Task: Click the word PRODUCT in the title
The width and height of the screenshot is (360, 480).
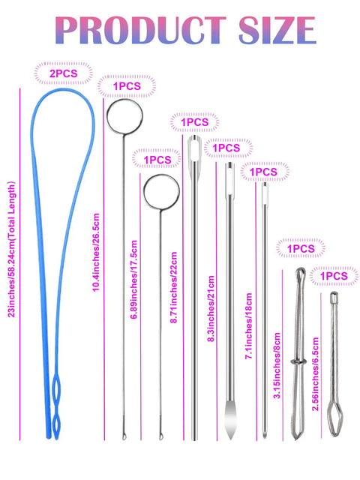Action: (x=141, y=30)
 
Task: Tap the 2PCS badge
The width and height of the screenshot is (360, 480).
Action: (x=63, y=73)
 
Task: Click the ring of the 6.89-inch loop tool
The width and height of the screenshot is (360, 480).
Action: (x=143, y=192)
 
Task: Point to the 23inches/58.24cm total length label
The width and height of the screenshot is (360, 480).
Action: (x=11, y=250)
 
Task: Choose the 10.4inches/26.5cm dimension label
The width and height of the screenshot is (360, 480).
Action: (x=96, y=252)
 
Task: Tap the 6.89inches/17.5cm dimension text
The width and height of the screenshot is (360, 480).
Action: (x=133, y=280)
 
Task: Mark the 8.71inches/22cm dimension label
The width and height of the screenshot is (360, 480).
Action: (x=173, y=287)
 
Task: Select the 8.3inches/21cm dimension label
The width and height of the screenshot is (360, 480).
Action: (x=211, y=308)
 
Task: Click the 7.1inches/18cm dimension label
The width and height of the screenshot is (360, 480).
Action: (x=248, y=325)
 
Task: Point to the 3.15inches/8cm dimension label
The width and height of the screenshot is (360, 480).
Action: (x=277, y=365)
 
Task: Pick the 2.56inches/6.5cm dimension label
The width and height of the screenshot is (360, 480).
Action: (x=315, y=373)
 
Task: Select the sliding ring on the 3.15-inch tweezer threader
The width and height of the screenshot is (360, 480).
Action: (x=298, y=362)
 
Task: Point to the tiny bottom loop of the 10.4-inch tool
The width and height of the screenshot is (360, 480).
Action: (x=124, y=436)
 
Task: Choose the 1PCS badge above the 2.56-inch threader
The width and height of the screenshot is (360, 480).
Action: (x=333, y=276)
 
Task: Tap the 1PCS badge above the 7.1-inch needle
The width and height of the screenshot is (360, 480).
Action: (x=263, y=172)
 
